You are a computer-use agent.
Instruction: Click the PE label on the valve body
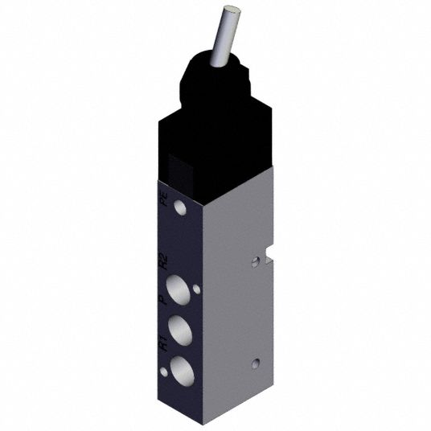(x=164, y=201)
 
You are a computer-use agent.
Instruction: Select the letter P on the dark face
(x=164, y=300)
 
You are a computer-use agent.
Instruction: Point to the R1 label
(x=163, y=343)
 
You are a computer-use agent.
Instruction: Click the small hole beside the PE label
(x=180, y=207)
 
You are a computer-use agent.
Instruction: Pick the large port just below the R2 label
(x=179, y=290)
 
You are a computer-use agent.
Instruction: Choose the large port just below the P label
(x=180, y=330)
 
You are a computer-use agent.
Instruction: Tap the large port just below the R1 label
(x=182, y=371)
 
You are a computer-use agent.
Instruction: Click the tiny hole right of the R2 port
(x=196, y=289)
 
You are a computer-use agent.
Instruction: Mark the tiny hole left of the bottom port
(x=164, y=372)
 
